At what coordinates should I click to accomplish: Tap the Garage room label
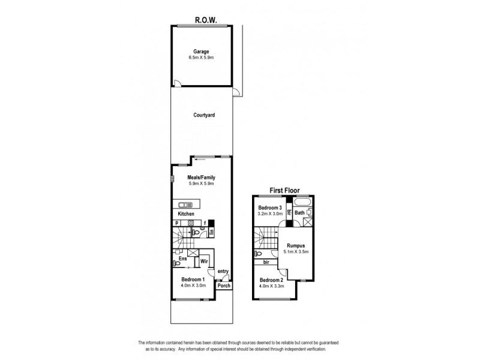(x=200, y=51)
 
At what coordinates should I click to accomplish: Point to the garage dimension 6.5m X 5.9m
(x=200, y=58)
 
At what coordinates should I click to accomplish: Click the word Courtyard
(x=204, y=115)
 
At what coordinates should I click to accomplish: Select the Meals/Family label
(x=200, y=178)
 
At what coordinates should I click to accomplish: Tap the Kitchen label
(x=186, y=214)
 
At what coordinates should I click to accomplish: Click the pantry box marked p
(x=176, y=223)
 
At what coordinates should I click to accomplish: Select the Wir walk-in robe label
(x=204, y=262)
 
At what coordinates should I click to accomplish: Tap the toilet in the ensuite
(x=176, y=263)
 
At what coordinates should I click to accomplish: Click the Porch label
(x=223, y=285)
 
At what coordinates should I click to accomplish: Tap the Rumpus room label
(x=296, y=245)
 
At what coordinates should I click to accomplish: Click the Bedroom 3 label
(x=269, y=206)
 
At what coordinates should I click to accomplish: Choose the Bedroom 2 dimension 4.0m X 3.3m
(x=271, y=286)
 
